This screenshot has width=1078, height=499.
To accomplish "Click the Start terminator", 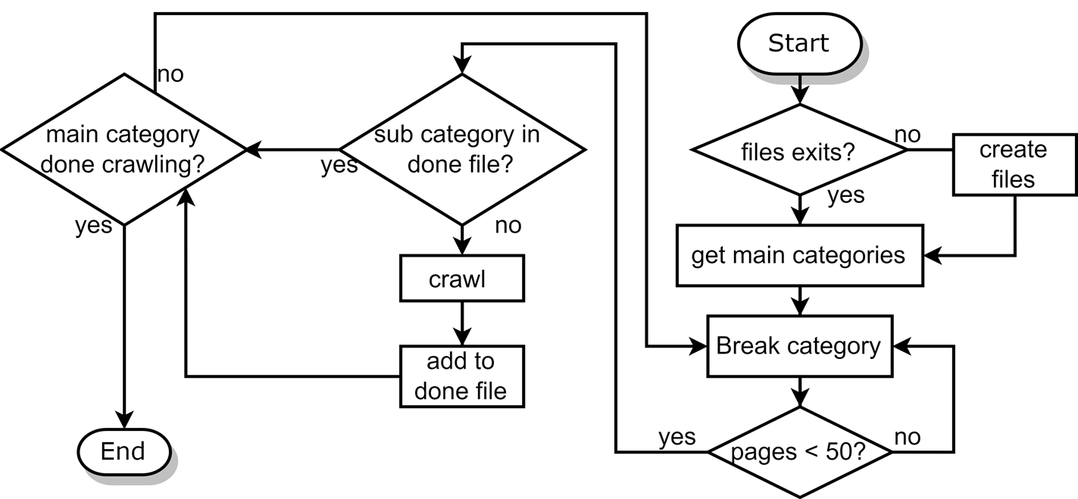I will (x=799, y=44).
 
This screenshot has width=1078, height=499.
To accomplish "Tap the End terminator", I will (x=123, y=452).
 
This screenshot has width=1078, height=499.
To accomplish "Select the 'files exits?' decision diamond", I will (x=799, y=150).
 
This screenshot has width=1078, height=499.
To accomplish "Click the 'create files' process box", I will (x=1014, y=164).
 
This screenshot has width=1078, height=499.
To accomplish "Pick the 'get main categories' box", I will (x=799, y=255).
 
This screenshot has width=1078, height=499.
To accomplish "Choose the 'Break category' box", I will (x=799, y=346).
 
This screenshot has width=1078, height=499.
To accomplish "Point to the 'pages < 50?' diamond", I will (x=799, y=452).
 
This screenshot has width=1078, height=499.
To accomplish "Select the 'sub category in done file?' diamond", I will (x=461, y=149).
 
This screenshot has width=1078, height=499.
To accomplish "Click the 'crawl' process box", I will (x=461, y=279).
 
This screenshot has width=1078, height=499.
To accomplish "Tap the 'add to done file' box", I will (x=461, y=376).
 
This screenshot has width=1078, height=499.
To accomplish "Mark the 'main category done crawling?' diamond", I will (x=123, y=149).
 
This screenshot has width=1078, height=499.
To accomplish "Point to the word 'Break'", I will (x=747, y=346).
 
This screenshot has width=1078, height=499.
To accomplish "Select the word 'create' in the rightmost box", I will (x=1013, y=150).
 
